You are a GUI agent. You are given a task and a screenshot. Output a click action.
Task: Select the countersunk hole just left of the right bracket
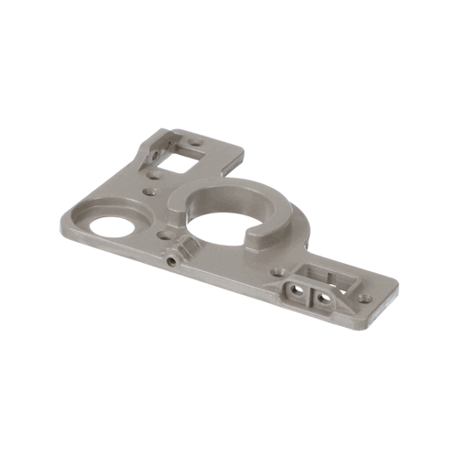pyautogui.click(x=274, y=271)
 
